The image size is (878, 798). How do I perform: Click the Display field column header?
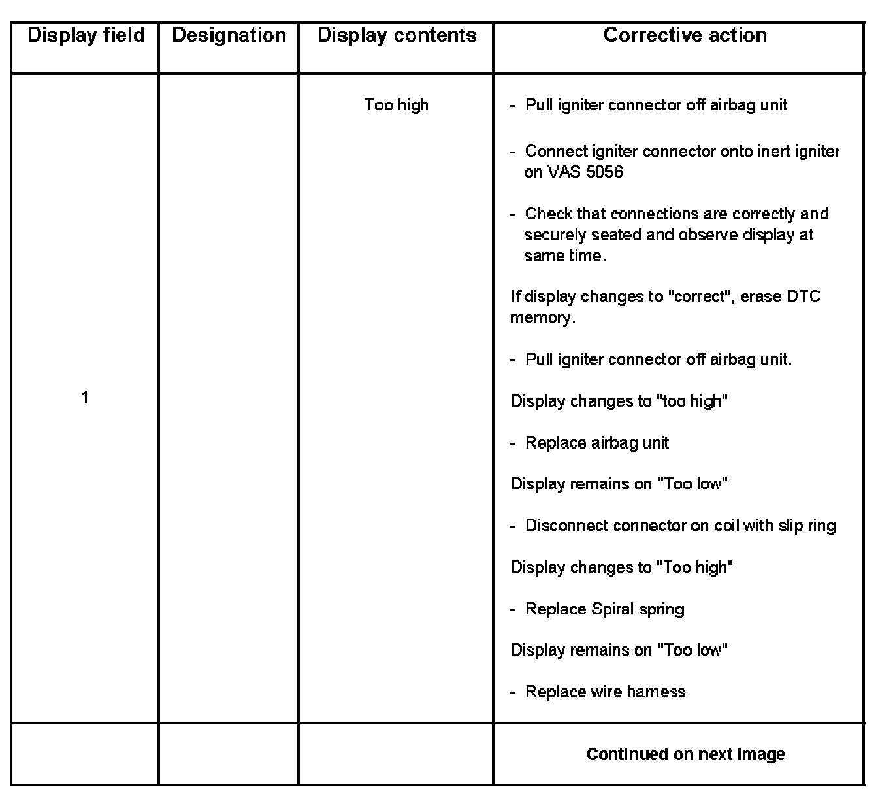[86, 35]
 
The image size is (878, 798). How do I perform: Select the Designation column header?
[229, 35]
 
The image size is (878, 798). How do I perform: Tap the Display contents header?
[397, 35]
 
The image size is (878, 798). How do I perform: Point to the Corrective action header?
[685, 35]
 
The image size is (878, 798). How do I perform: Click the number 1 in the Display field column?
[85, 397]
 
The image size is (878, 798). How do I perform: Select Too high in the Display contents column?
[397, 105]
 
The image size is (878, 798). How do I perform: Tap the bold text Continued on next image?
[685, 754]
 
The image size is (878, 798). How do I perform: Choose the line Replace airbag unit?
[597, 443]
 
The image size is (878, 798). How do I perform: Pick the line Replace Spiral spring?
[605, 609]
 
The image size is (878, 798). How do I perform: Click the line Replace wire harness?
[606, 692]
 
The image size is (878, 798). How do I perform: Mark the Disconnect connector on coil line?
[680, 526]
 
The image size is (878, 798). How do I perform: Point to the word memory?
[542, 319]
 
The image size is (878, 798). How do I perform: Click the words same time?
[564, 256]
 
